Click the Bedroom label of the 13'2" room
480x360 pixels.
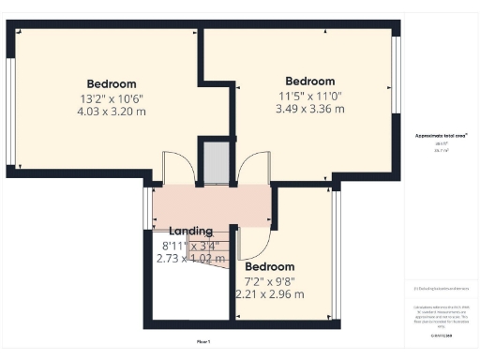point(112,83)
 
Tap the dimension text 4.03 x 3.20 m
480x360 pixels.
point(112,112)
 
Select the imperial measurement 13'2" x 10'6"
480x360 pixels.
point(112,97)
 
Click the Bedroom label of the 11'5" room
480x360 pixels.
point(309,81)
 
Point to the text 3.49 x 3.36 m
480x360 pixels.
point(309,109)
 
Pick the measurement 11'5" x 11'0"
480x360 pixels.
point(309,95)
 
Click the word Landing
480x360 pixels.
point(190,231)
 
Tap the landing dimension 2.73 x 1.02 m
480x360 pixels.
point(190,258)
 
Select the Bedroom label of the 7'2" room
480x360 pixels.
point(270,266)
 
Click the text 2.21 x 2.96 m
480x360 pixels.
point(270,293)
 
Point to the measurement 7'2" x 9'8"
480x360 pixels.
point(270,280)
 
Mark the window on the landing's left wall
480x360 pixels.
point(145,208)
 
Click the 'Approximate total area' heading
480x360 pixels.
point(441,136)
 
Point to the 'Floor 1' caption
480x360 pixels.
point(203,340)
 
